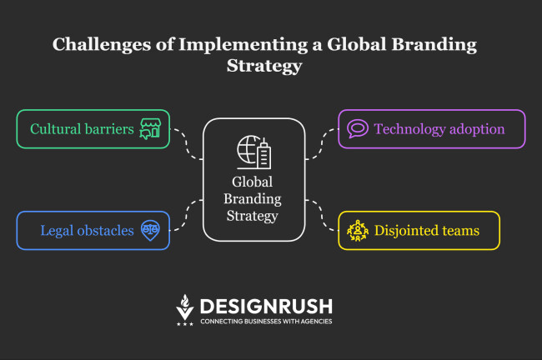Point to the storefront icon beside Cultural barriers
click(x=150, y=129)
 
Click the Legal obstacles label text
click(x=87, y=230)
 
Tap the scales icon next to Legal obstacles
click(x=150, y=229)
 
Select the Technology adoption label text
click(x=439, y=129)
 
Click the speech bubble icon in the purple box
click(x=358, y=129)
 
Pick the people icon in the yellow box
click(x=358, y=230)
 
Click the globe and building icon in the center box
click(x=253, y=153)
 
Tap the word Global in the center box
click(x=253, y=182)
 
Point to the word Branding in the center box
click(x=253, y=199)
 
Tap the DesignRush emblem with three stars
click(x=185, y=309)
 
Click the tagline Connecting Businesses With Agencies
click(x=265, y=321)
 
